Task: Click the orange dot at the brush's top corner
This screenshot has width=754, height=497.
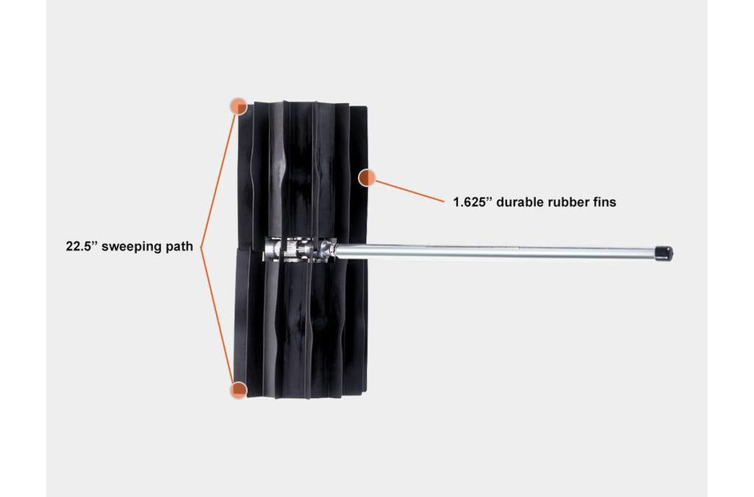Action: pos(239,106)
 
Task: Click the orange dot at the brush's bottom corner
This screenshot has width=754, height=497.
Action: pos(239,389)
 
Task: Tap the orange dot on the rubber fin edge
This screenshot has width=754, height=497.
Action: pos(367,178)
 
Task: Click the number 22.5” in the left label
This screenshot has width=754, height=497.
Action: pos(82,246)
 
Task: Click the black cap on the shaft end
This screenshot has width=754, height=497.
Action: pos(665,254)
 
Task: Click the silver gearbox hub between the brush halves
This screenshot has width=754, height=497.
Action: pos(298,249)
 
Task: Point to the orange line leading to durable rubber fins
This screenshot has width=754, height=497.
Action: pos(409,191)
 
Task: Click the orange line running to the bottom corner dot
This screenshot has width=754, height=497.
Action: pos(217,316)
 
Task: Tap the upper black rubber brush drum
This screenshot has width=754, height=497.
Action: pos(302,170)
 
